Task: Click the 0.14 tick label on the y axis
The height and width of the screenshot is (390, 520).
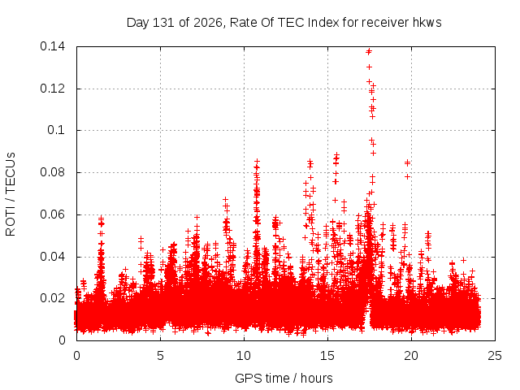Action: [52, 46]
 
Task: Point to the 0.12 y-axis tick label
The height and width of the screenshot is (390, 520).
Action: [52, 89]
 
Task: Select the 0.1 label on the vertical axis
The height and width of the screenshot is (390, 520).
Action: [56, 130]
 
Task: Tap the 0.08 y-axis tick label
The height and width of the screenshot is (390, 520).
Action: [52, 172]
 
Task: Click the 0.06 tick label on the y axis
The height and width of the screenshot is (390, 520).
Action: [52, 214]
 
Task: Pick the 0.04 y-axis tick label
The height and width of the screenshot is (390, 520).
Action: [52, 257]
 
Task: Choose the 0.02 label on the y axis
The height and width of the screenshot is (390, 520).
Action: [52, 298]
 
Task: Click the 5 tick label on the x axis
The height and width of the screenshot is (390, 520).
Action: [161, 356]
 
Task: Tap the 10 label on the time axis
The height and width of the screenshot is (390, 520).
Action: [244, 356]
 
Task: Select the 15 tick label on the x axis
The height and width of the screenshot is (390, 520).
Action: [327, 356]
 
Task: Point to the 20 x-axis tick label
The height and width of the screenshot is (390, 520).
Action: [411, 356]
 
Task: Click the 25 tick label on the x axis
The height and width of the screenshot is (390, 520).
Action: [495, 356]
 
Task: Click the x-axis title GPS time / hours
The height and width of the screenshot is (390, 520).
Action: [284, 378]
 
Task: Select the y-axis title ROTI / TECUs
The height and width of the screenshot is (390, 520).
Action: [11, 194]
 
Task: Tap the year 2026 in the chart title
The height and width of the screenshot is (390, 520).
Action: [208, 23]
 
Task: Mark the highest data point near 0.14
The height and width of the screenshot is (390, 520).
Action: [369, 51]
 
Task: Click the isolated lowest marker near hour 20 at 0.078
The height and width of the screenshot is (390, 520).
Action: [408, 177]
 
